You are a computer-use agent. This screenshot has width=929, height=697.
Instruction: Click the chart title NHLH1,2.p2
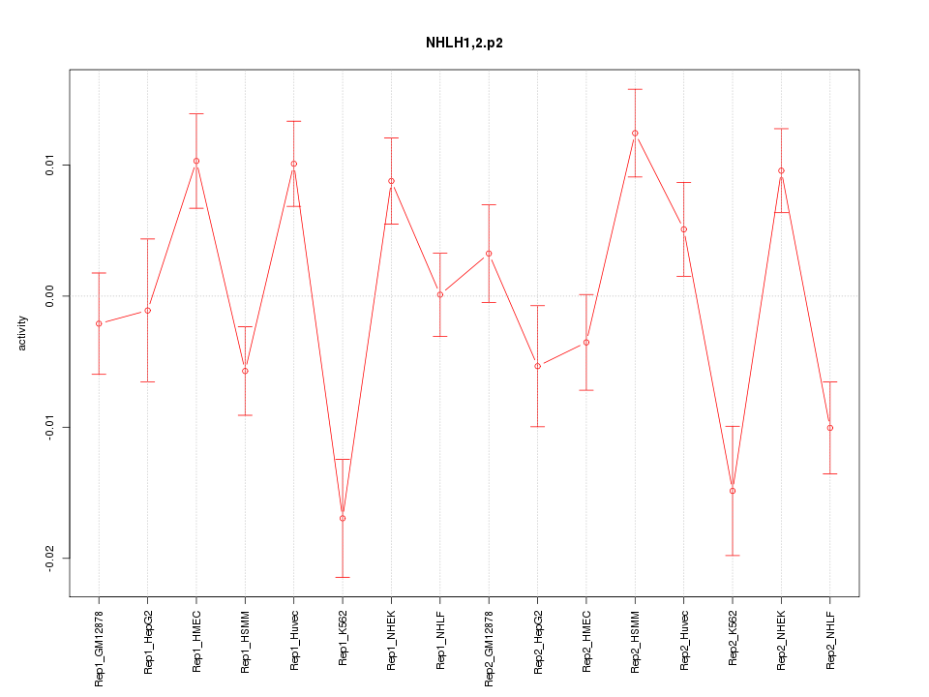click(x=464, y=43)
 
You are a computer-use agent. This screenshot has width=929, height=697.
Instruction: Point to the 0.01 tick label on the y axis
click(x=45, y=165)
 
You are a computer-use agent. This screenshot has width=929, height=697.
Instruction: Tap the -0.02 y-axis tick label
click(x=45, y=558)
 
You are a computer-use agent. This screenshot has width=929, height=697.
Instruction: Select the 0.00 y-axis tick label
click(x=45, y=295)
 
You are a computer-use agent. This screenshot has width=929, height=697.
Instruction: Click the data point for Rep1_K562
click(x=343, y=518)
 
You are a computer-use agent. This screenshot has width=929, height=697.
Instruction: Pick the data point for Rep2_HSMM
click(x=635, y=133)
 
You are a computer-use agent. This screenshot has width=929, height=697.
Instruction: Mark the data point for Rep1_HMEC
click(x=196, y=161)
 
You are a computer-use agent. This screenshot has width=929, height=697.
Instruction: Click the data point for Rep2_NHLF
click(x=830, y=428)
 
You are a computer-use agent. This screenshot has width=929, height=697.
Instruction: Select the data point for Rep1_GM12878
click(x=99, y=323)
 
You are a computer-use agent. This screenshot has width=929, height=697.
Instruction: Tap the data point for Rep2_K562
click(x=733, y=491)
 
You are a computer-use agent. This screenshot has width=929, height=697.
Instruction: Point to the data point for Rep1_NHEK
click(x=391, y=181)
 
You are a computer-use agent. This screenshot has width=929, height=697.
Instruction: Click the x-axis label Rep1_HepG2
click(x=148, y=642)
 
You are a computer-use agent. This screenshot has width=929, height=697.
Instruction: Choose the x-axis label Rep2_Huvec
click(x=684, y=640)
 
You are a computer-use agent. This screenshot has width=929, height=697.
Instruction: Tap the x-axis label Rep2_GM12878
click(x=489, y=647)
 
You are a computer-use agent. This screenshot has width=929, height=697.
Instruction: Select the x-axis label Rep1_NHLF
click(x=440, y=640)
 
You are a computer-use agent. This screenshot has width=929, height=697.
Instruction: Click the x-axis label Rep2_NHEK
click(x=782, y=640)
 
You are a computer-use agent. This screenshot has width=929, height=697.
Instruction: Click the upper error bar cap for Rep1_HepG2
click(x=147, y=238)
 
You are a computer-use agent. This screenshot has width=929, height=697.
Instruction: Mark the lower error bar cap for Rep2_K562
click(x=733, y=556)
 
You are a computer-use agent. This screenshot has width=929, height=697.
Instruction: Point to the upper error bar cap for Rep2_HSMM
click(x=635, y=89)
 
